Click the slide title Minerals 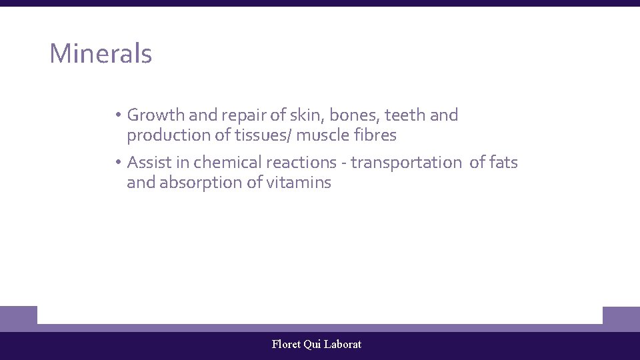101,54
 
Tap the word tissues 259,135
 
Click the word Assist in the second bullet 148,163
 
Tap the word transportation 405,163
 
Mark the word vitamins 298,183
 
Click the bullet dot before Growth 116,115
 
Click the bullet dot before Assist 116,163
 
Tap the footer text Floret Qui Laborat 317,345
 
